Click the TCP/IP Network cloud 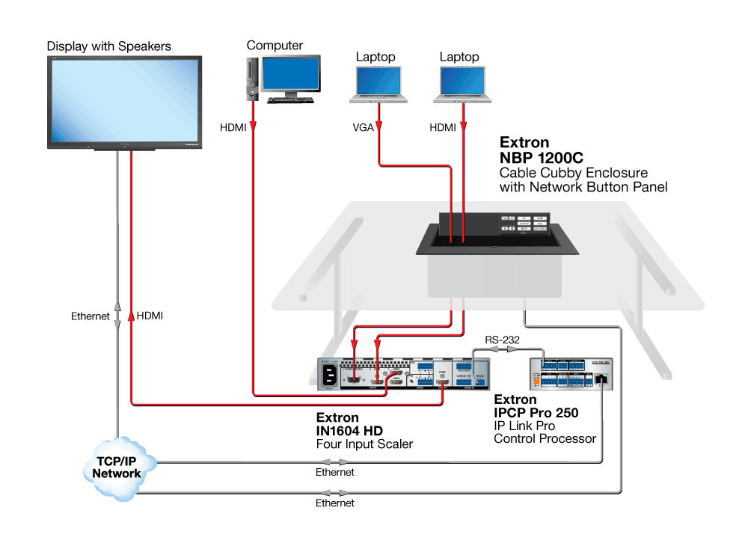click(x=117, y=467)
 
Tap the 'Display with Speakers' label click(x=109, y=46)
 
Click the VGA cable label click(x=364, y=128)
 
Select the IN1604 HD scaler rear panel click(x=404, y=372)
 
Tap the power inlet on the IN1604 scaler click(x=328, y=375)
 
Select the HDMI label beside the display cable click(x=150, y=316)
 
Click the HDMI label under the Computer click(x=233, y=128)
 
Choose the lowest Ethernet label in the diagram click(x=334, y=503)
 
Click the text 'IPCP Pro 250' click(x=536, y=412)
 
